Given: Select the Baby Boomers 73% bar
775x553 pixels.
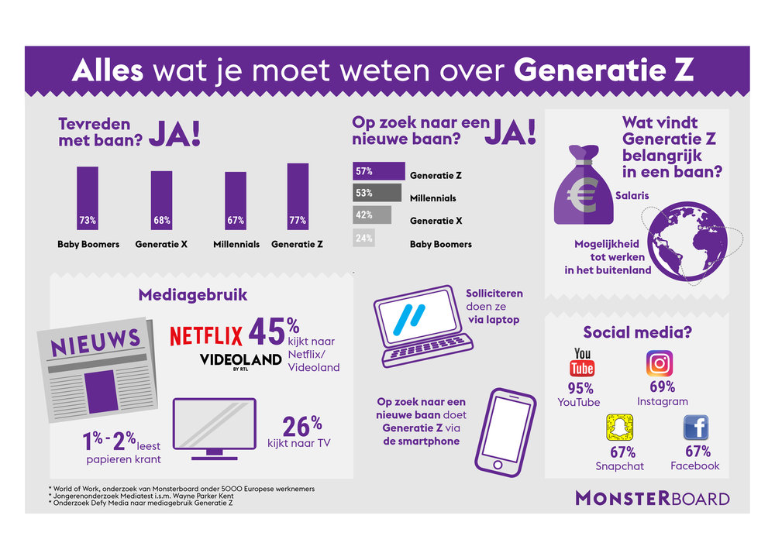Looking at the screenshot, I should coord(88,199).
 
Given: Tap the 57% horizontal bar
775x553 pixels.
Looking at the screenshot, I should coord(378,170).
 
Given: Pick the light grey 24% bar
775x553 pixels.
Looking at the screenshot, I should coord(363,239).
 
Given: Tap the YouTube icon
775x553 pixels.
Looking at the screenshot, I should coord(582,362).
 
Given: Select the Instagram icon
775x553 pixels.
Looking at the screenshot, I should coord(660,362).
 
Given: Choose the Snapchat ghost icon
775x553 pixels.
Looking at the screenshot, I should coord(618,428).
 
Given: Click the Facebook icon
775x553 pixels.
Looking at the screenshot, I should coord(695,428).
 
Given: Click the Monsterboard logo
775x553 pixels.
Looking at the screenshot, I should coord(652,497).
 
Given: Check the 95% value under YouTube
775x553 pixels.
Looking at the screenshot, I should coord(580,388).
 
